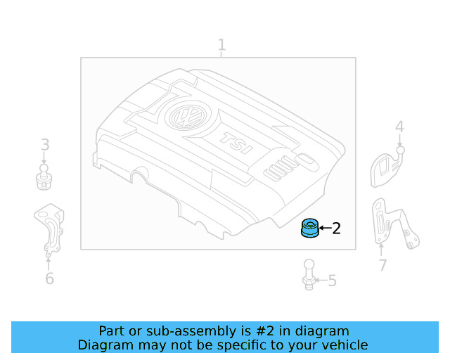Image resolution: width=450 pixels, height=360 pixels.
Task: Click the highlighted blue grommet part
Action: (309, 229)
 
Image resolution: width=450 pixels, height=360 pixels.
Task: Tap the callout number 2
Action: (336, 229)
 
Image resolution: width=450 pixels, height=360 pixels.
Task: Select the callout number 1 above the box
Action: (221, 46)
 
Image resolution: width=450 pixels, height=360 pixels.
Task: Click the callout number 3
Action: (44, 146)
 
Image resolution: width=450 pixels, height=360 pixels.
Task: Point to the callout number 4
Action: (399, 127)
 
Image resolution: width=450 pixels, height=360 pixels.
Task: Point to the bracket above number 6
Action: (49, 228)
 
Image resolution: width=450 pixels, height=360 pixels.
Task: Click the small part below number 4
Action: (386, 167)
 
